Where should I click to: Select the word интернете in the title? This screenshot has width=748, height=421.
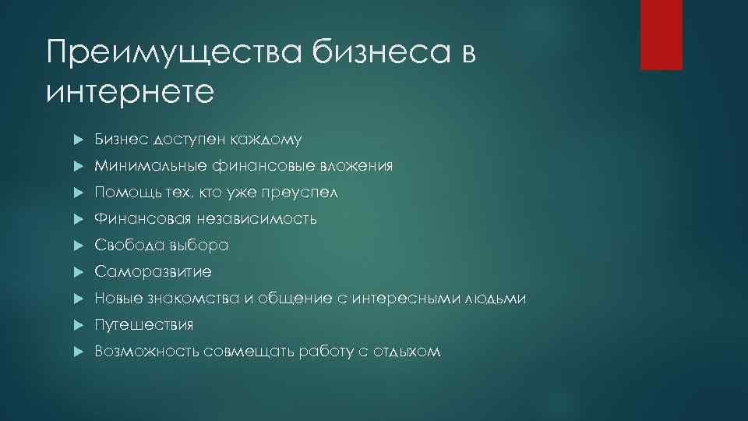(129, 92)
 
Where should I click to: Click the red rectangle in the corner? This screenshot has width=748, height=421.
(661, 34)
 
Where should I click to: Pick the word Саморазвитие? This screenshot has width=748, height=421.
(153, 272)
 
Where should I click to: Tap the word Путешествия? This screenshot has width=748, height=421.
(144, 325)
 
